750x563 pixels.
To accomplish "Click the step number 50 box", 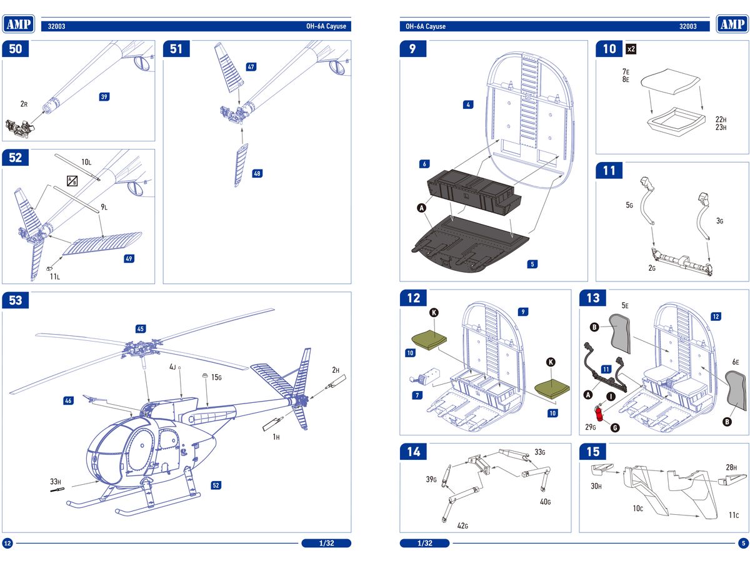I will click(16, 49).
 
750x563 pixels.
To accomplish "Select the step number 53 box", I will click(16, 300).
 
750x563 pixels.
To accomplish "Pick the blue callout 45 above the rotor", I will click(141, 328).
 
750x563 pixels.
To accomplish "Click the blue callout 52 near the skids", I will click(216, 485).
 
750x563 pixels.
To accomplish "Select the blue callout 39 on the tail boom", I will click(104, 96).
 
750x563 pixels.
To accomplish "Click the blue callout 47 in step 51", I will click(251, 66).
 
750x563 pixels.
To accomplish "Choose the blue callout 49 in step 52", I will click(129, 258).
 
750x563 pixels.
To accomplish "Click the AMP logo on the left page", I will click(19, 24).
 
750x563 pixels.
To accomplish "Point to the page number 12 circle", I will click(8, 543).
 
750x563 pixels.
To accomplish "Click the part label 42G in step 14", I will click(462, 525).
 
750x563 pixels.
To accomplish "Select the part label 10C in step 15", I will click(637, 509).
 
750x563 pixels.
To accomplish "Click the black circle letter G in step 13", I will click(615, 428).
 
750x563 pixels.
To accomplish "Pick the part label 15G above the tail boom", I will click(216, 377).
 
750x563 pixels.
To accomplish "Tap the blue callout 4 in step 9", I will click(468, 104).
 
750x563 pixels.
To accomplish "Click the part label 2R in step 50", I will click(23, 104).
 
